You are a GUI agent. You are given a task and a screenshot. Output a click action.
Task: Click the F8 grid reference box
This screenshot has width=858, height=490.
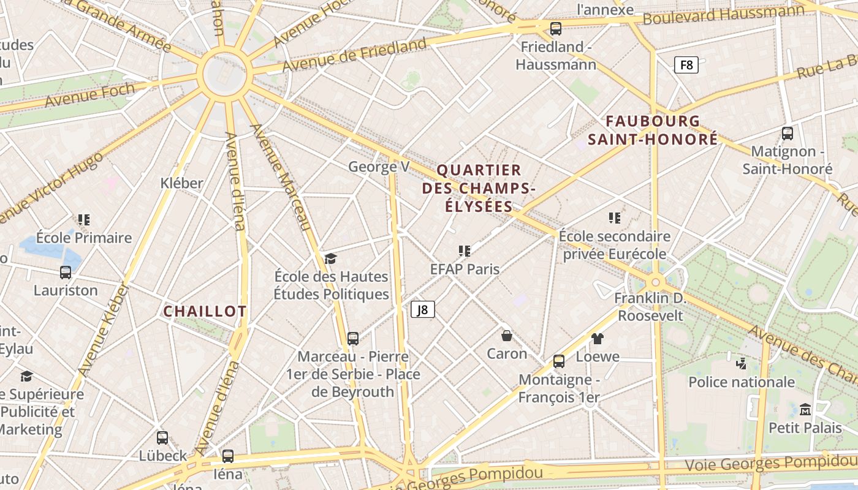coord(686,64)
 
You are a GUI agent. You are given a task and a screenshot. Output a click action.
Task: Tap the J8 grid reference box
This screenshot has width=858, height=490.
coord(422,310)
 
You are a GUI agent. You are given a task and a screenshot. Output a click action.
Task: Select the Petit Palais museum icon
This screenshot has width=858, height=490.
coord(805,409)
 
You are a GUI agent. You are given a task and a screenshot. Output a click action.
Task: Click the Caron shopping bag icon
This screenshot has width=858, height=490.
coord(507,335)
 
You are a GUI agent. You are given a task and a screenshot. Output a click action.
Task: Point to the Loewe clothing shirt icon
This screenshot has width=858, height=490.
coord(598,338)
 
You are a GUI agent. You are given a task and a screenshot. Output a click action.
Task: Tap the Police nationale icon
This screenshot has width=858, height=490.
coord(742,364)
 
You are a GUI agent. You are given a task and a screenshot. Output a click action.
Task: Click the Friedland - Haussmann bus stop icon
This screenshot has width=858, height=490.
coord(556,28)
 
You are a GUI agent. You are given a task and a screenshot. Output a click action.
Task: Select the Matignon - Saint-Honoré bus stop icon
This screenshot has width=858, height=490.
coord(788,133)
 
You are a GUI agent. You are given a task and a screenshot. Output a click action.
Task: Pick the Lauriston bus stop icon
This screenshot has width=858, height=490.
coord(66,273)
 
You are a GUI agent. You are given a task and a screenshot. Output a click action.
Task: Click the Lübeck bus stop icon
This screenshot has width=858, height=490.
coord(162,438)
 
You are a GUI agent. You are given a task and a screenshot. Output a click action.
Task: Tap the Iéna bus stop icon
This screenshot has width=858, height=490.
coord(228,456)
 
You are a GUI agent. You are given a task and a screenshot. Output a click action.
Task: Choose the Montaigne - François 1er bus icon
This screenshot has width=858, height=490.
coord(559,361)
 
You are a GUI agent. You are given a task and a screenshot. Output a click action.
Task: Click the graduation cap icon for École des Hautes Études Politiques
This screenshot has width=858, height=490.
coord(331,258)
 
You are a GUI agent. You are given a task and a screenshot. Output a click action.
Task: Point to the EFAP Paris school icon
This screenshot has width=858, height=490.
coord(465,251)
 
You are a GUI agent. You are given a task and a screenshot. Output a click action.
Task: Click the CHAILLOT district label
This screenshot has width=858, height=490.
coord(205,311)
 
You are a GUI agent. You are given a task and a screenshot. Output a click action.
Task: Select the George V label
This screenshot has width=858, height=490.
coord(379,167)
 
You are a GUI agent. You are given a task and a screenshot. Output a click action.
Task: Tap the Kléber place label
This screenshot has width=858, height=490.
coord(181,183)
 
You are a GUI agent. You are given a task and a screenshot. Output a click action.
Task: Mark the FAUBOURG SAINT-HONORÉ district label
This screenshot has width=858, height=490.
coord(653,130)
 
